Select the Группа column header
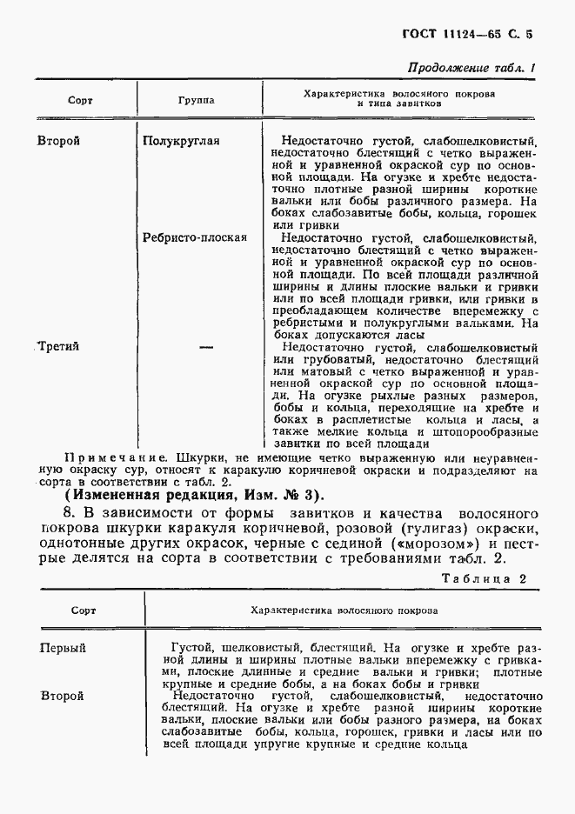pos(197,101)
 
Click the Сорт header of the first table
pos(81,101)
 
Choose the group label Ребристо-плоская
pos(194,237)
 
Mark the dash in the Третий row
pos(206,346)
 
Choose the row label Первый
pos(64,648)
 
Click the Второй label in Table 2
pos(62,696)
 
